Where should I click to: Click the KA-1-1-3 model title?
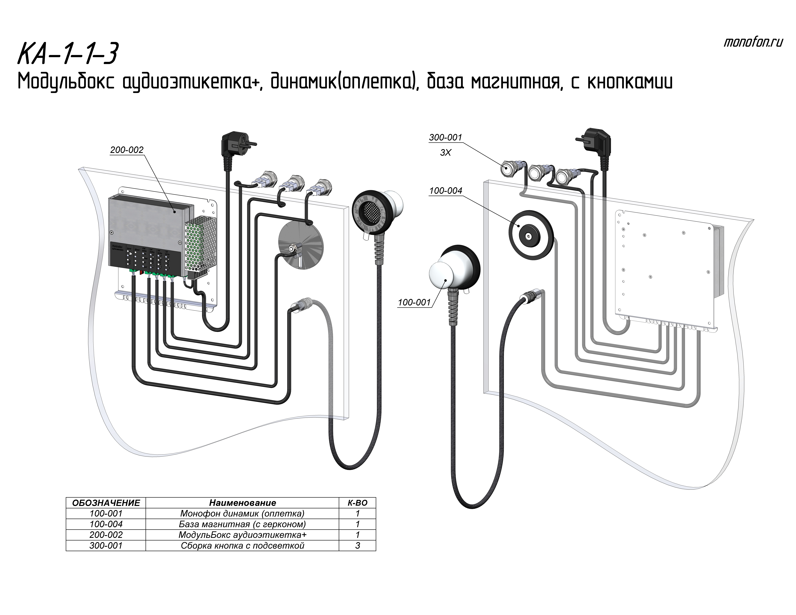pyautogui.click(x=68, y=54)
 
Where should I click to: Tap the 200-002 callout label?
pyautogui.click(x=127, y=150)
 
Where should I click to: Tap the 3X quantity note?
pyautogui.click(x=445, y=153)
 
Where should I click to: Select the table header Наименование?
pyautogui.click(x=242, y=503)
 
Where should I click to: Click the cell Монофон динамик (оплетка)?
pyautogui.click(x=242, y=514)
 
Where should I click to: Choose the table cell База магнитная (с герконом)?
pyautogui.click(x=242, y=524)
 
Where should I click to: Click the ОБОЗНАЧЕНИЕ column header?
pyautogui.click(x=106, y=503)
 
